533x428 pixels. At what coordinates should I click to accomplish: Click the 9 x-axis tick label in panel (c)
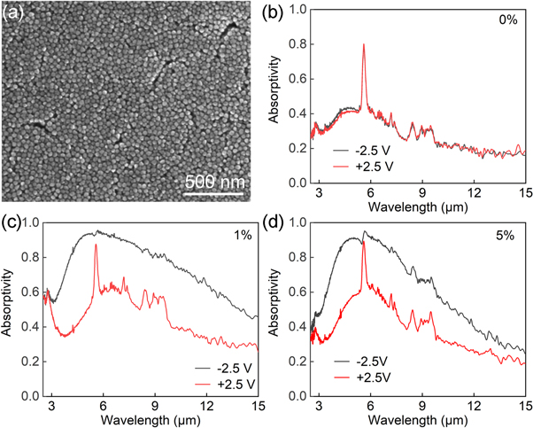coord(155,404)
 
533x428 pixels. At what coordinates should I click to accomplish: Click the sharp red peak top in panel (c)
coord(96,245)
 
